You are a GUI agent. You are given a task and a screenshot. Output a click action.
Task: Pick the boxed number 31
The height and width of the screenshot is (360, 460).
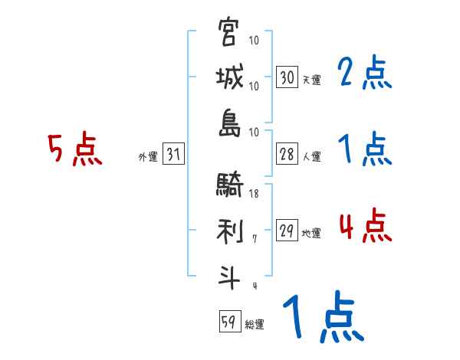click(174, 155)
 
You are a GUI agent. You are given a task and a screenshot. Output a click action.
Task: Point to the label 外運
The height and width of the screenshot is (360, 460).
click(147, 157)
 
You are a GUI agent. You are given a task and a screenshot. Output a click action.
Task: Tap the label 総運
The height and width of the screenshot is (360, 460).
click(254, 325)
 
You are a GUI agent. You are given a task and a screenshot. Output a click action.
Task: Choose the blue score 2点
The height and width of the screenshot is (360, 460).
click(364, 74)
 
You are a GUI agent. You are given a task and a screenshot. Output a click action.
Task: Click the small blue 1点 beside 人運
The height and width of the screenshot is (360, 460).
click(364, 149)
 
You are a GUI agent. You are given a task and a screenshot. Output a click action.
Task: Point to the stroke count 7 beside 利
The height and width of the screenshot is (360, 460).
click(254, 239)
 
